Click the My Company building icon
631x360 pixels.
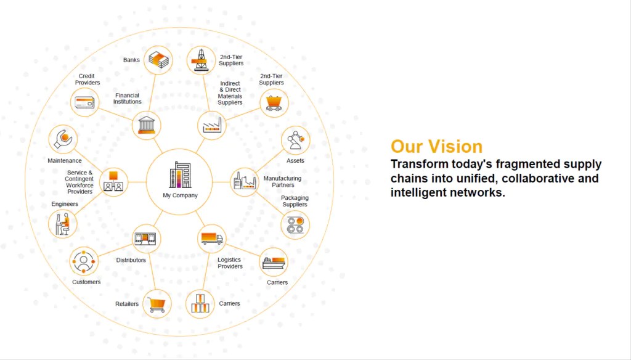pyautogui.click(x=180, y=174)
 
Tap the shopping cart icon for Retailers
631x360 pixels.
pyautogui.click(x=157, y=303)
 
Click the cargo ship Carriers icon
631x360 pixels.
pyautogui.click(x=274, y=262)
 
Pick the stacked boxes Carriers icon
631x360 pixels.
pyautogui.click(x=200, y=304)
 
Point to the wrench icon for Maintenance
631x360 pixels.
pyautogui.click(x=63, y=139)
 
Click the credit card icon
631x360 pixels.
pyautogui.click(x=84, y=102)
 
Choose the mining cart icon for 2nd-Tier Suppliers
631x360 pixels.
pyautogui.click(x=274, y=103)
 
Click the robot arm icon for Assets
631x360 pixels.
pyautogui.click(x=295, y=141)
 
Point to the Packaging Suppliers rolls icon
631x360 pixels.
pyautogui.click(x=295, y=224)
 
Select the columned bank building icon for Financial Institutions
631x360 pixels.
pyautogui.click(x=147, y=126)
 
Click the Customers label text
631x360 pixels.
pyautogui.click(x=86, y=282)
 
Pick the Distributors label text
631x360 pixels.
pyautogui.click(x=131, y=260)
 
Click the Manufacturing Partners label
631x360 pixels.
pyautogui.click(x=282, y=181)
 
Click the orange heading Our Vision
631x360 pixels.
pyautogui.click(x=436, y=147)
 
